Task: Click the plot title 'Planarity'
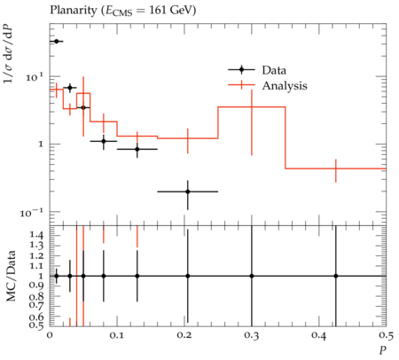pyautogui.click(x=74, y=11)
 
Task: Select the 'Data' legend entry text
pyautogui.click(x=274, y=70)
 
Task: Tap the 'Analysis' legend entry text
pyautogui.click(x=285, y=86)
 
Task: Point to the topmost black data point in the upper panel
pyautogui.click(x=57, y=42)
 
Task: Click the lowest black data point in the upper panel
pyautogui.click(x=188, y=192)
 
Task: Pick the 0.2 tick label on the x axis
pyautogui.click(x=184, y=335)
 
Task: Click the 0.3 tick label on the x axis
pyautogui.click(x=252, y=335)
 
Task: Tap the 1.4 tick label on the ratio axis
pyautogui.click(x=36, y=235)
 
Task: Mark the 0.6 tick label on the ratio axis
pyautogui.click(x=36, y=317)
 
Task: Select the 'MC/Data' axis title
pyautogui.click(x=11, y=276)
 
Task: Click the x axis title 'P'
pyautogui.click(x=383, y=350)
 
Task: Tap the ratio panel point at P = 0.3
pyautogui.click(x=252, y=276)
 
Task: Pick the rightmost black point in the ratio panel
pyautogui.click(x=336, y=276)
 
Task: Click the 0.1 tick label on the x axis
pyautogui.click(x=117, y=335)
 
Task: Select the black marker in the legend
pyautogui.click(x=241, y=70)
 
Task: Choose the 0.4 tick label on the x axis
pyautogui.click(x=319, y=335)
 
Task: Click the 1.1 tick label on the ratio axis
pyautogui.click(x=36, y=266)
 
